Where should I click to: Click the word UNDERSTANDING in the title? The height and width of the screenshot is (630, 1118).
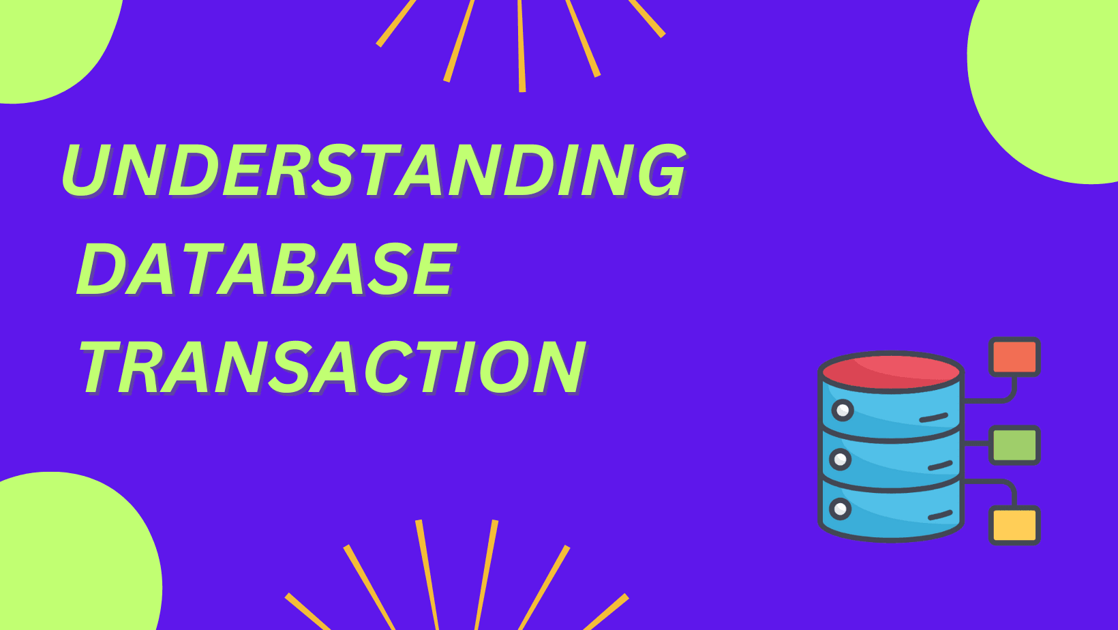click(374, 170)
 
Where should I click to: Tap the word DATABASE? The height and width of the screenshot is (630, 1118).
click(266, 269)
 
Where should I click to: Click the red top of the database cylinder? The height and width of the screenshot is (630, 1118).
click(891, 372)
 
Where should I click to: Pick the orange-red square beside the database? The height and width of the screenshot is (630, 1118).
click(1014, 357)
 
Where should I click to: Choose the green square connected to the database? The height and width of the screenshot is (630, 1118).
click(1014, 445)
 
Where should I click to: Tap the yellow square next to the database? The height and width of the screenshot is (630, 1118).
click(1014, 525)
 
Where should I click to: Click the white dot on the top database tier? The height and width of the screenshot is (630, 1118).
click(843, 410)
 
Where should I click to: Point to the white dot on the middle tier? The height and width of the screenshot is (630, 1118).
click(840, 460)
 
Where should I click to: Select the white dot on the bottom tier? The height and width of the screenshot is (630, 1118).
click(840, 509)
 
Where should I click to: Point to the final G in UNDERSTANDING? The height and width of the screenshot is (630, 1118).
click(658, 170)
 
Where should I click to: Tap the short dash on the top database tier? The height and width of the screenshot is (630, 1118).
click(934, 417)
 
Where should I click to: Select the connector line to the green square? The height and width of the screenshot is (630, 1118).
click(976, 443)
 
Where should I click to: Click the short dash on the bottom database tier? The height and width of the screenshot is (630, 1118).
click(940, 515)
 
